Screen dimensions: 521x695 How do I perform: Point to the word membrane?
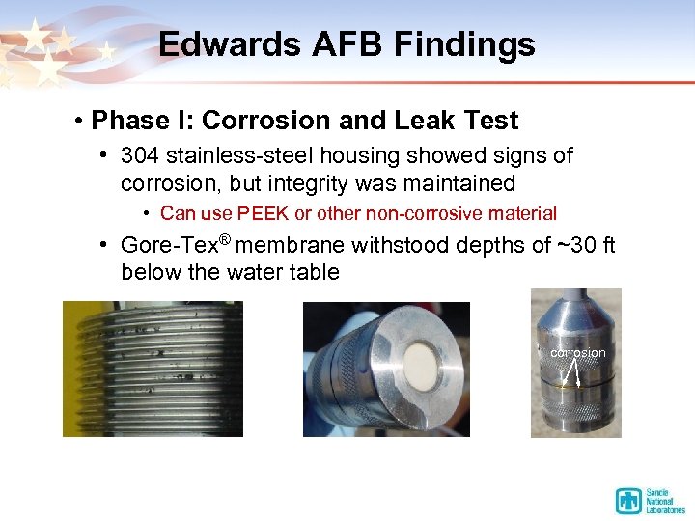pyautogui.click(x=292, y=246)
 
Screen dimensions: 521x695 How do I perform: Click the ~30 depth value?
pyautogui.click(x=573, y=246)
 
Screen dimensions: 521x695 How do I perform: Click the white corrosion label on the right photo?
pyautogui.click(x=577, y=353)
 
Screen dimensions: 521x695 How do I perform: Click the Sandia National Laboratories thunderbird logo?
pyautogui.click(x=628, y=501)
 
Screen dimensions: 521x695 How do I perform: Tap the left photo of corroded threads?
pyautogui.click(x=153, y=369)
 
